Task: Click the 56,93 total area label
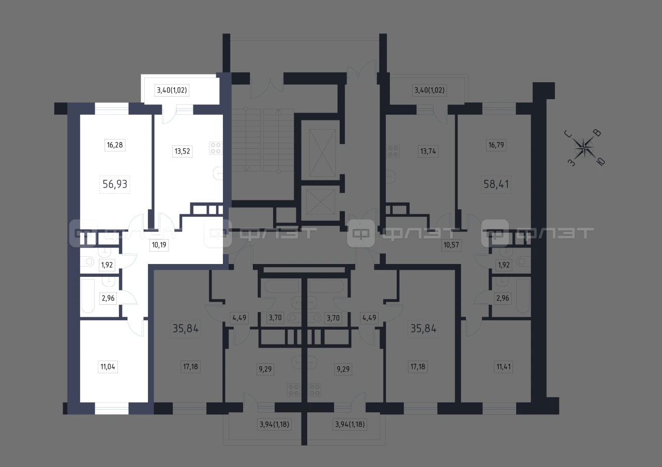[x=115, y=184]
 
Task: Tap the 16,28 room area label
[x=115, y=145]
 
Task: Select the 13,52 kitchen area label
[x=183, y=151]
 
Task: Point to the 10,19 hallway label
[x=159, y=245]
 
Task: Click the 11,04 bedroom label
[x=108, y=367]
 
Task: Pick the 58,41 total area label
[x=496, y=184]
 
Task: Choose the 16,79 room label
[x=496, y=145]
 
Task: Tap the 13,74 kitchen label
[x=428, y=151]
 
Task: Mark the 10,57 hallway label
[x=451, y=245]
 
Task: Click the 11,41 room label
[x=503, y=367]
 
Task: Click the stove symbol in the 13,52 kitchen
[x=216, y=148]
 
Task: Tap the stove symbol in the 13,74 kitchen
[x=393, y=151]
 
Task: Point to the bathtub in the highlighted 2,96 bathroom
[x=88, y=296]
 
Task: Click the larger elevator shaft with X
[x=322, y=152]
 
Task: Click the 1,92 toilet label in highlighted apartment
[x=107, y=265]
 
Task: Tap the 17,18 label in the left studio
[x=191, y=367]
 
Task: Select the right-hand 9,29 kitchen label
[x=343, y=369]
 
